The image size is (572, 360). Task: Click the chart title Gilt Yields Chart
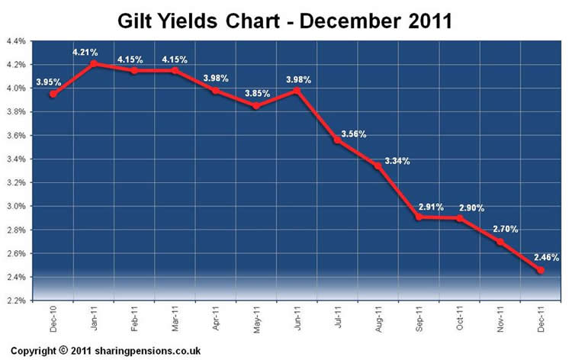[284, 19]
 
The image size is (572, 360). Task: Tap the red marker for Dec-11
[541, 270]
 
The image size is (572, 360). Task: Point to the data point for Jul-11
[337, 140]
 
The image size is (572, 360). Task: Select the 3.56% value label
[352, 134]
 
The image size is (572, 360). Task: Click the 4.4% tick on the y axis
[15, 40]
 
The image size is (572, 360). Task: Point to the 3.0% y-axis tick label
[15, 206]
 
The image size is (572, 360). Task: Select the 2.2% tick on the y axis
[15, 301]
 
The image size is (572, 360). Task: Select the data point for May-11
[255, 106]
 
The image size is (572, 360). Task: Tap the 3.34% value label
[397, 161]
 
